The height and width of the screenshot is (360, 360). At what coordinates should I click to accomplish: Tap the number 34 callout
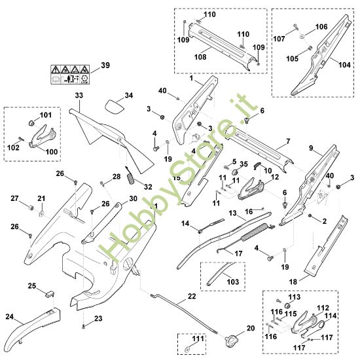pos(128,96)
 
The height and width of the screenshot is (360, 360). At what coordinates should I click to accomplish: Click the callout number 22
pos(191,297)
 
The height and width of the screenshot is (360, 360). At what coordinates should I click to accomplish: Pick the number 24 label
pos(10,316)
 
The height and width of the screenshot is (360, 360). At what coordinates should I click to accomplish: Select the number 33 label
pos(79,96)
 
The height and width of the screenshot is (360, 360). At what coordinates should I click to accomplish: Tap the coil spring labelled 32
pos(130,177)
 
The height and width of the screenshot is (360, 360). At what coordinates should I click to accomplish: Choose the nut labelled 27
pos(31,207)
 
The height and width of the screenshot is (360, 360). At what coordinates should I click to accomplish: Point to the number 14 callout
pos(185,224)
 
